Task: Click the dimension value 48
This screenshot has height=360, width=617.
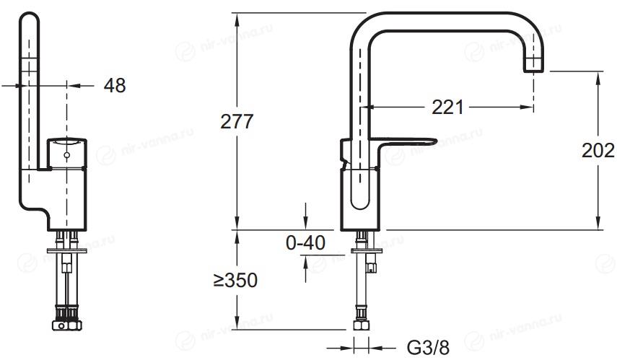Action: [x=115, y=85]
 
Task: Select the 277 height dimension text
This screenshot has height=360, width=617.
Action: [x=237, y=122]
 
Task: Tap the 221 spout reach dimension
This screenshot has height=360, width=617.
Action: [x=448, y=107]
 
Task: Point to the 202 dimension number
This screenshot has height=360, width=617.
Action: [x=598, y=150]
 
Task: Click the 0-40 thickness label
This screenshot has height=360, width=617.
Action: [x=305, y=242]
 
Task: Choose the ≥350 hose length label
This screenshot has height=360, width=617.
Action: [x=235, y=280]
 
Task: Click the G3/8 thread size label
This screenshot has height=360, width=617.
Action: [x=428, y=348]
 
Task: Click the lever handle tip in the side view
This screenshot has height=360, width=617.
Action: [x=436, y=140]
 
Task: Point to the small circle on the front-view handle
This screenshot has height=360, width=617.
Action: [x=67, y=155]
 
